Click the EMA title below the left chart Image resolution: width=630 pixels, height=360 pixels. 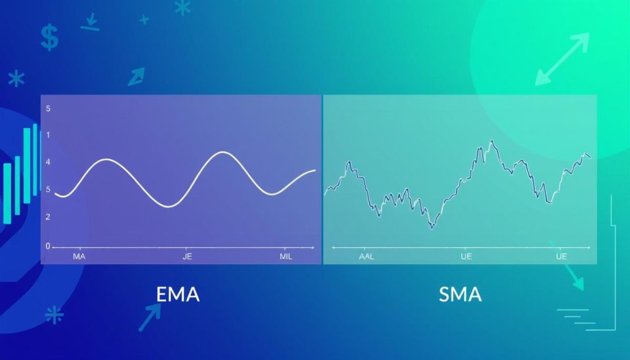(x=178, y=294)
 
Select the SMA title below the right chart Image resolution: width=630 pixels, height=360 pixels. (x=460, y=294)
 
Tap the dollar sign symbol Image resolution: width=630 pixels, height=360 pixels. (x=49, y=37)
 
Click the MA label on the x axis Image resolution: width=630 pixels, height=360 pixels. (x=79, y=256)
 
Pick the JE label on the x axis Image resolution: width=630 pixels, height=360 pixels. (x=188, y=256)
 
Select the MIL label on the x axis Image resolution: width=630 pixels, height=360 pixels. (x=286, y=256)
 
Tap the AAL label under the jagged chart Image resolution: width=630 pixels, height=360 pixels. (x=367, y=256)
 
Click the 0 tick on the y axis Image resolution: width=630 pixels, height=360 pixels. (x=47, y=246)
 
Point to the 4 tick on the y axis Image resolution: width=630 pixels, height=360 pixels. (x=48, y=162)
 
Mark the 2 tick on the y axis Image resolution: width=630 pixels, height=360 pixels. (x=48, y=216)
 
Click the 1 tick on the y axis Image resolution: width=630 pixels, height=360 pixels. (x=48, y=135)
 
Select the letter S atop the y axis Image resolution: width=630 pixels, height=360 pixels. (x=48, y=108)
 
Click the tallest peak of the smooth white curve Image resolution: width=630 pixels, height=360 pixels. (x=223, y=152)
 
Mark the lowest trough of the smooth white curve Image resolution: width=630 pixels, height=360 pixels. (x=169, y=207)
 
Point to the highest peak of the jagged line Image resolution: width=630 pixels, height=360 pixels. (x=492, y=141)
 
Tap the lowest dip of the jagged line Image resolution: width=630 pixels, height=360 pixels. (x=431, y=228)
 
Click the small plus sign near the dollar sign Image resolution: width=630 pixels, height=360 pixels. (x=144, y=20)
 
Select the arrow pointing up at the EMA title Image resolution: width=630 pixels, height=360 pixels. (x=150, y=318)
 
